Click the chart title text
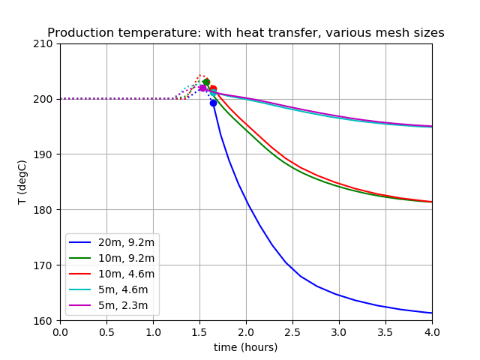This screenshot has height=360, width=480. [x=246, y=33]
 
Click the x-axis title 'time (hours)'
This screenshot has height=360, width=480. [x=246, y=347]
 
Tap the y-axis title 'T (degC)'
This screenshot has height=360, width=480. [x=22, y=182]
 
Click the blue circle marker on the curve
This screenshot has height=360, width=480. [x=213, y=103]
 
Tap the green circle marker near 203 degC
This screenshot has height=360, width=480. [x=206, y=82]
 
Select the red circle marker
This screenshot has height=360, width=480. [x=213, y=89]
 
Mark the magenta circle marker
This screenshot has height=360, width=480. [x=202, y=88]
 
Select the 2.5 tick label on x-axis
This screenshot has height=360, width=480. [x=292, y=332]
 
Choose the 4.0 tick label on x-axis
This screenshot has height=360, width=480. [x=432, y=332]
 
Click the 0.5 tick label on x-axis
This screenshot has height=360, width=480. [x=106, y=332]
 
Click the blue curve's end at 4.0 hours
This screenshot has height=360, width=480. [x=431, y=313]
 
